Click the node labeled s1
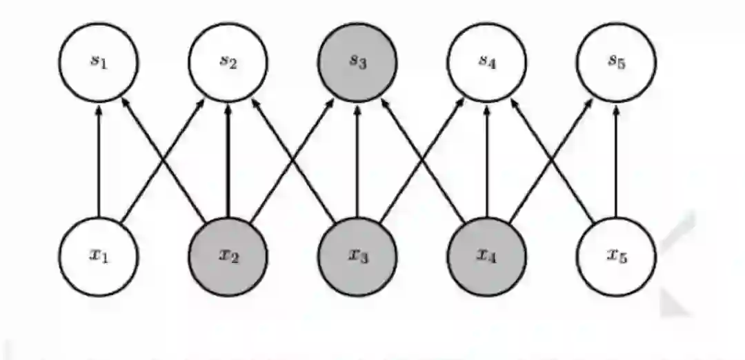tap(99, 62)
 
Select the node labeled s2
tap(228, 62)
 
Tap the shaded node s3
tap(357, 62)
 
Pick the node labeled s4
tap(487, 62)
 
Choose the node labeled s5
tap(616, 62)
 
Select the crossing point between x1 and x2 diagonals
tap(163, 160)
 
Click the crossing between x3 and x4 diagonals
tap(422, 160)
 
